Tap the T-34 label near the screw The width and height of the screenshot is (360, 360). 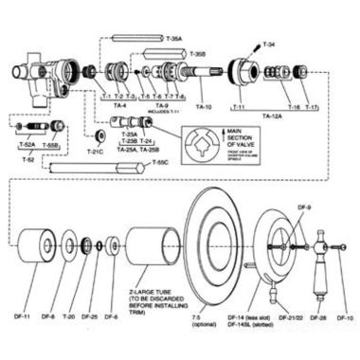tap(270, 44)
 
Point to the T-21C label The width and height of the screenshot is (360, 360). tap(96, 150)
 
